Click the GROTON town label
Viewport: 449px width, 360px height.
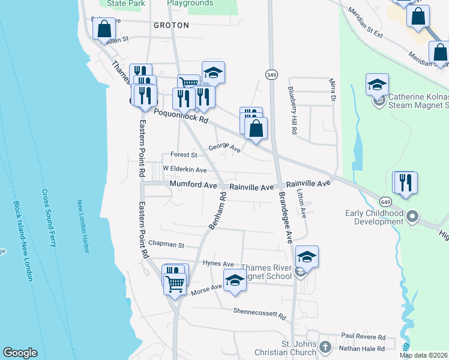click(171, 25)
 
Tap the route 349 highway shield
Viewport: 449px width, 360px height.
click(270, 74)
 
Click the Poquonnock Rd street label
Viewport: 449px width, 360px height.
click(181, 116)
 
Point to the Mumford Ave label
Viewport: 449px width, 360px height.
click(193, 185)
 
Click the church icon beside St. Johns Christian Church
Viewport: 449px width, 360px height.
click(325, 347)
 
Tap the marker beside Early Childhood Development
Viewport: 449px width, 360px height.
click(412, 216)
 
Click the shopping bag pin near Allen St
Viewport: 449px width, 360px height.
click(104, 29)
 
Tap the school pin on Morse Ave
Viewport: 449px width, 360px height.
click(235, 280)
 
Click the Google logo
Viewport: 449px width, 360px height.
click(20, 352)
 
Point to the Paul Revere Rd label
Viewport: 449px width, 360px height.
click(363, 337)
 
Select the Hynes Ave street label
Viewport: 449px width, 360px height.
click(218, 263)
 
